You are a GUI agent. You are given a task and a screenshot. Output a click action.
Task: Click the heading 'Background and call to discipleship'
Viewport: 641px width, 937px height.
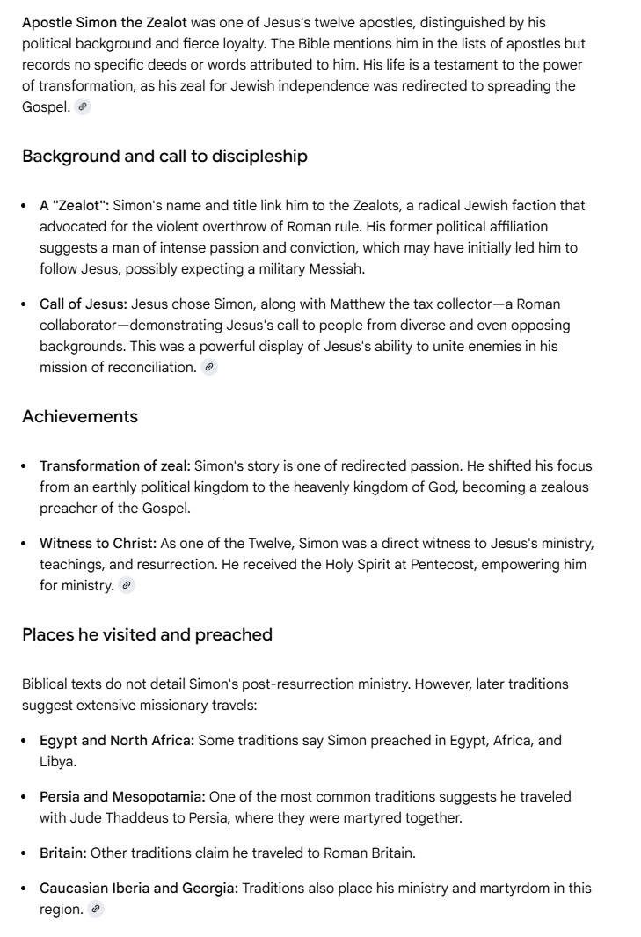(x=164, y=157)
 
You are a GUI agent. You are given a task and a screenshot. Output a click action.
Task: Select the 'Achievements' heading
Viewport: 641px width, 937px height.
(x=80, y=417)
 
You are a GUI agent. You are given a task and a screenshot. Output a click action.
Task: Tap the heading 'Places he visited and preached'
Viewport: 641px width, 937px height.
(x=147, y=635)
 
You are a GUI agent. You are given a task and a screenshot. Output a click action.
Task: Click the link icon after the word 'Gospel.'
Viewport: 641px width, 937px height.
(x=83, y=107)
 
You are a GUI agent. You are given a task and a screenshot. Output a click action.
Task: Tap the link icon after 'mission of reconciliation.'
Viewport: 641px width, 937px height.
(x=209, y=368)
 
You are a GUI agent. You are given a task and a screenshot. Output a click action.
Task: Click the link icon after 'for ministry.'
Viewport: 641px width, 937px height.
(x=127, y=586)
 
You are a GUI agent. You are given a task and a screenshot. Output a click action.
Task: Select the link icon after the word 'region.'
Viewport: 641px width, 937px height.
(x=96, y=911)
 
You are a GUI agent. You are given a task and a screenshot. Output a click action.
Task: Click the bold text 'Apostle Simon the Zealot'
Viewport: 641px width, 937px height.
(x=105, y=22)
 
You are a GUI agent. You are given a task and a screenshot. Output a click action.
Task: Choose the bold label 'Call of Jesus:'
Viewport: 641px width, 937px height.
(x=84, y=304)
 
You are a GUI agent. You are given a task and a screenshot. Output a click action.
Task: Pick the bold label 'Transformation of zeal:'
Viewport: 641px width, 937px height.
(x=114, y=466)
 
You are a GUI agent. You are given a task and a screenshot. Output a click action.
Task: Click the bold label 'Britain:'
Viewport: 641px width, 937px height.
(x=63, y=853)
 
